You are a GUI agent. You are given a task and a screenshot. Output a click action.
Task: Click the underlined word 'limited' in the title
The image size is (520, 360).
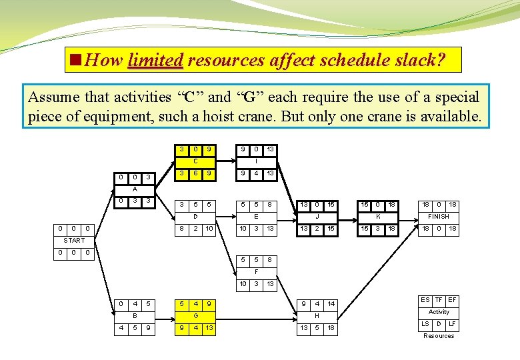[x=155, y=60]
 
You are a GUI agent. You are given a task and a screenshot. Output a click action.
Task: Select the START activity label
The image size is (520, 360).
[x=74, y=240]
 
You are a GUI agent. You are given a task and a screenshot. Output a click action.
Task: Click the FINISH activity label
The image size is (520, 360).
[x=438, y=216]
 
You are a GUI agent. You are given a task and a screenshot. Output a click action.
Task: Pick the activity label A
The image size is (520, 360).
[x=134, y=189]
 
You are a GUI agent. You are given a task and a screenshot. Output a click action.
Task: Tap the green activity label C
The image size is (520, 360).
[x=195, y=161]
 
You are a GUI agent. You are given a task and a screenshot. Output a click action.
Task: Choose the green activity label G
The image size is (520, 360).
[x=195, y=315]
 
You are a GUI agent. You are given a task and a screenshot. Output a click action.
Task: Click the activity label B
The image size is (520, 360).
[x=134, y=315]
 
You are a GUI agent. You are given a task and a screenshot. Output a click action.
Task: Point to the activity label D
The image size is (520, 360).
[x=195, y=216]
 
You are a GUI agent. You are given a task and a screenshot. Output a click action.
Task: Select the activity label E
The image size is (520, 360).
[x=257, y=216]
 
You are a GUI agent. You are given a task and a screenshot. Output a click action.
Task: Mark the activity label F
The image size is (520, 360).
[x=257, y=271]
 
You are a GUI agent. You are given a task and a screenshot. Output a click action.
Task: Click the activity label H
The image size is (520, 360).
[x=317, y=315]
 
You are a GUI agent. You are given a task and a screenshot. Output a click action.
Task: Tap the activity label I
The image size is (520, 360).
[x=257, y=161]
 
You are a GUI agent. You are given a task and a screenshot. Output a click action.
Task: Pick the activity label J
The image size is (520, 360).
[x=317, y=216]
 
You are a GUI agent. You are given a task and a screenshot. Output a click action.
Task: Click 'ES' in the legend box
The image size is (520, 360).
[x=425, y=300]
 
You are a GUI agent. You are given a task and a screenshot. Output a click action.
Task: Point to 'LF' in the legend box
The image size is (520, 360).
[x=452, y=324]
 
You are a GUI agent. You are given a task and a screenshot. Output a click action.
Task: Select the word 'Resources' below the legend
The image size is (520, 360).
[x=439, y=336]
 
